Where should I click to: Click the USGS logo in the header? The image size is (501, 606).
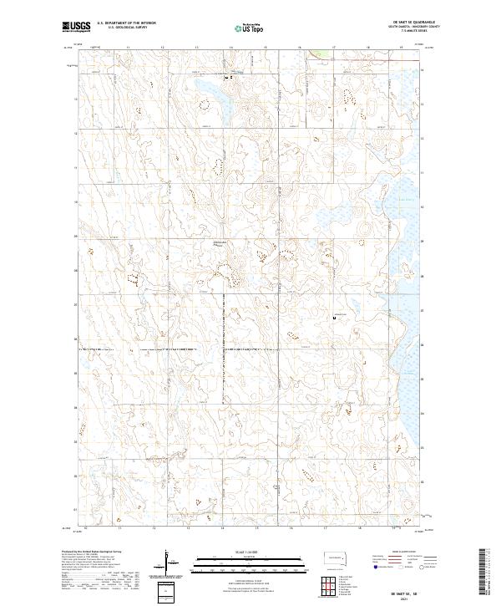coord(76,27)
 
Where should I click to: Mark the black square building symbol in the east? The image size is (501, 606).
coord(336,318)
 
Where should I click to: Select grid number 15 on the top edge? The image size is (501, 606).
coord(265,48)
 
